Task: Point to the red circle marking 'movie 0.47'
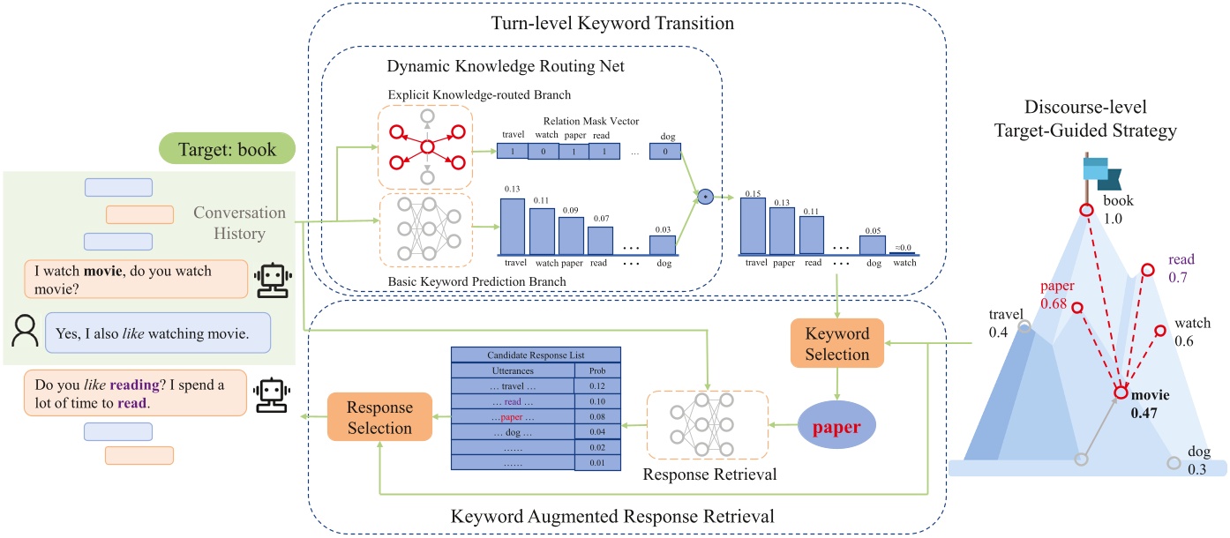pos(1121,393)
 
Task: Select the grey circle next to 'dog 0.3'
pos(1173,463)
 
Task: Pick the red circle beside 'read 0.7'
pos(1147,269)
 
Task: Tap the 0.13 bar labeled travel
pos(513,226)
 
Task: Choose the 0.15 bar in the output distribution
pos(754,226)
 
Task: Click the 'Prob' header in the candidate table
pos(597,370)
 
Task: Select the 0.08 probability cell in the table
pos(597,416)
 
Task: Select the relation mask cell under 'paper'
pos(574,152)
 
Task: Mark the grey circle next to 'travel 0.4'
pos(1024,326)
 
